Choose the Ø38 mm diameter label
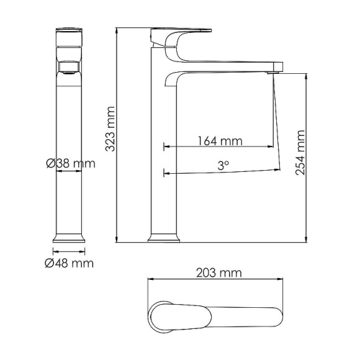click(70, 164)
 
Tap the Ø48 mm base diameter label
click(69, 263)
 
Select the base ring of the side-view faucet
click(164, 238)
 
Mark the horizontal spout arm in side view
click(230, 65)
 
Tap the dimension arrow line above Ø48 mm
click(69, 251)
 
